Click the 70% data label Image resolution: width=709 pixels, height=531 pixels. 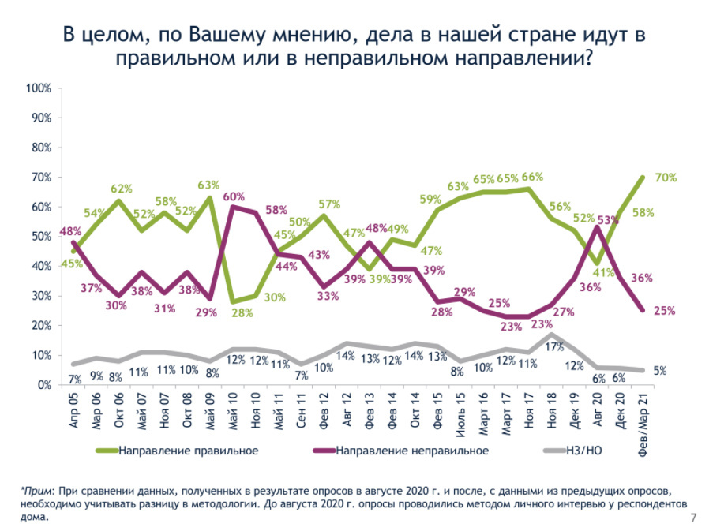click(666, 178)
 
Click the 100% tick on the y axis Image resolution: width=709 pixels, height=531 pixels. click(39, 88)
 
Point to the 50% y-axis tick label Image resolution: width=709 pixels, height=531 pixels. click(41, 237)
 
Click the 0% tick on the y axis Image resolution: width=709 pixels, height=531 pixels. click(44, 385)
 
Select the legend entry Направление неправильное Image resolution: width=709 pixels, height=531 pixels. click(411, 451)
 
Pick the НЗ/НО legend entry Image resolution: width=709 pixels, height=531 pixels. click(584, 451)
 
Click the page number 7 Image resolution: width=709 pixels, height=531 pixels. click(693, 518)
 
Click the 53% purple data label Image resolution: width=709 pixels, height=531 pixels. click(608, 220)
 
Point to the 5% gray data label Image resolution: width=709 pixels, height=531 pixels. click(659, 370)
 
